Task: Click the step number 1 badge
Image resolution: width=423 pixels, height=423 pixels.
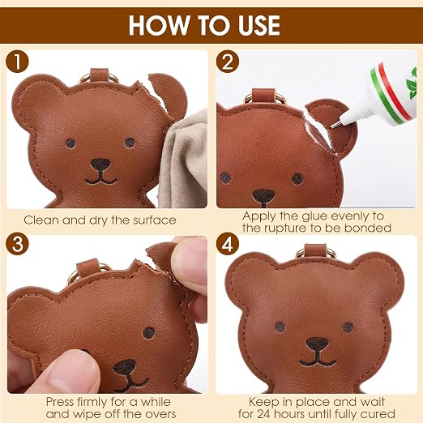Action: pyautogui.click(x=17, y=62)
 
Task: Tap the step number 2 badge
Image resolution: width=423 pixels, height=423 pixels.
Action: pyautogui.click(x=228, y=62)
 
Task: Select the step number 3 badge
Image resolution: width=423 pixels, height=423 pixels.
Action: pyautogui.click(x=17, y=245)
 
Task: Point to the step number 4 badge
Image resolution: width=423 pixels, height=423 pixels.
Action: pyautogui.click(x=228, y=245)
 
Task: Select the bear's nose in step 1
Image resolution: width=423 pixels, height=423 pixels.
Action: pyautogui.click(x=100, y=164)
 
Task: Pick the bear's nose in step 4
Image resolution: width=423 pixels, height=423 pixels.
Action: pyautogui.click(x=317, y=344)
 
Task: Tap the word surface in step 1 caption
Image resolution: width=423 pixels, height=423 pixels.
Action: pyautogui.click(x=155, y=220)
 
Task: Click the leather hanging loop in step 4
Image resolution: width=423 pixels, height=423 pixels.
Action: pyautogui.click(x=315, y=251)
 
